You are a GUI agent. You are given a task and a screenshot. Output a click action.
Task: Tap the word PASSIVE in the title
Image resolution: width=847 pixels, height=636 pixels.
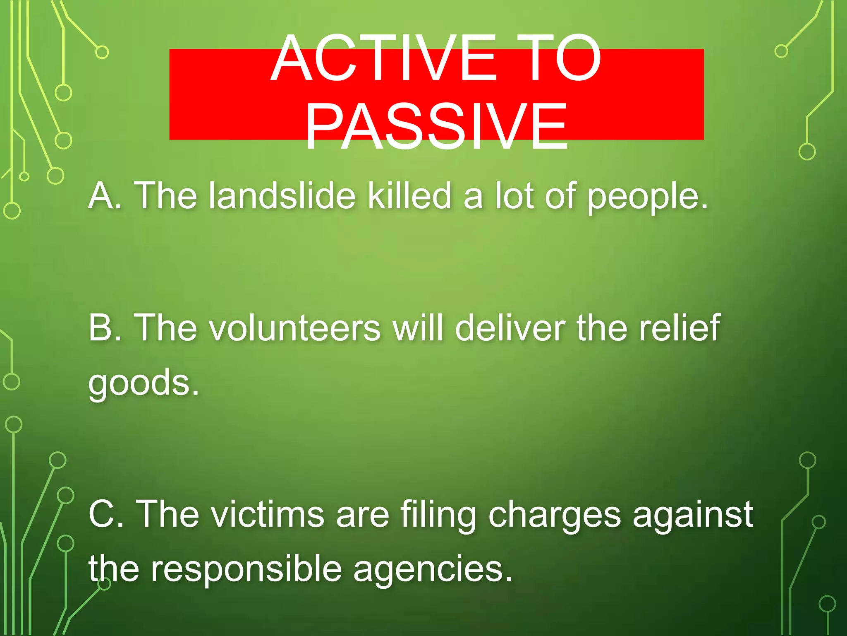[x=436, y=126]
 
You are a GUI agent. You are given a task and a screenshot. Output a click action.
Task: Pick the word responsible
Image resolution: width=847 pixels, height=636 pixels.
[x=246, y=569]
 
